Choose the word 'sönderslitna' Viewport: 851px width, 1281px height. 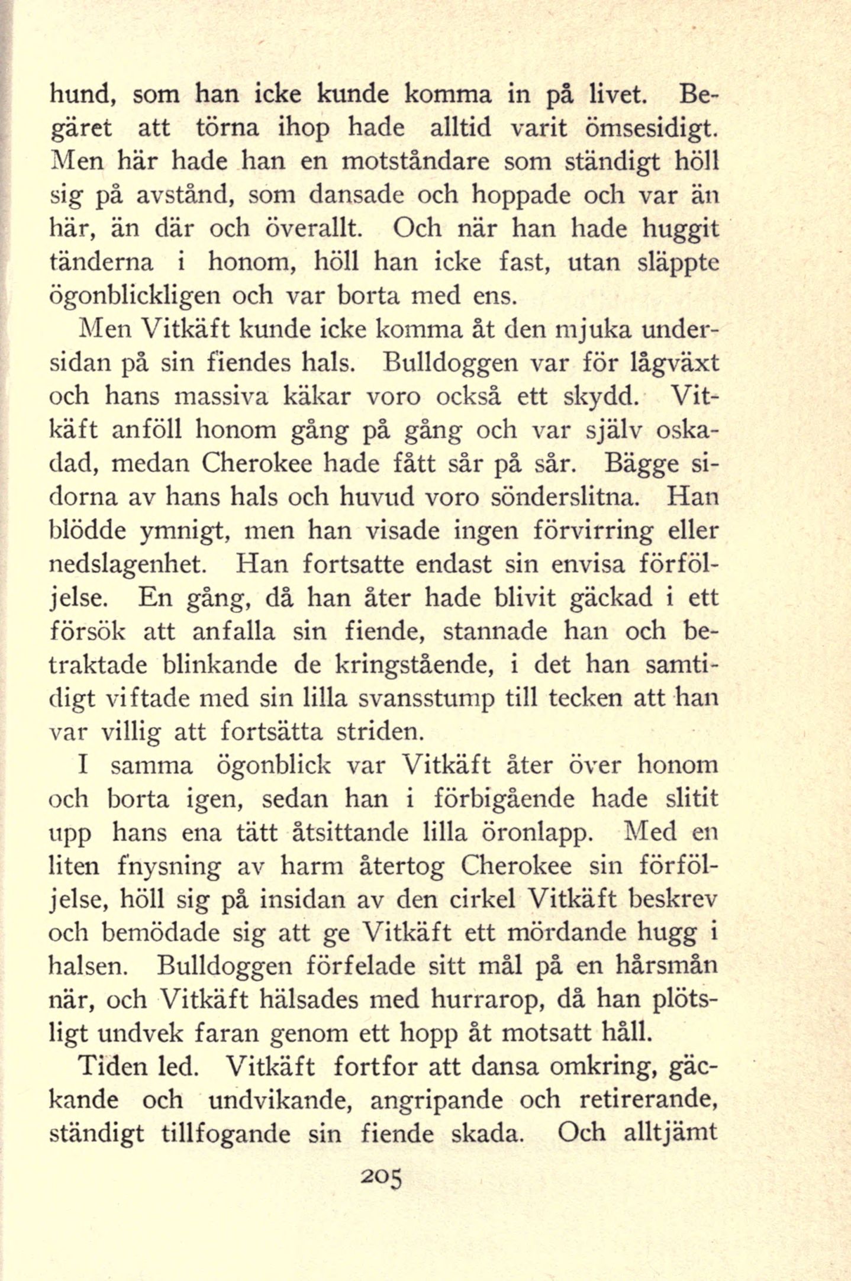click(566, 496)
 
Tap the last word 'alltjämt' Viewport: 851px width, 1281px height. click(671, 1134)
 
